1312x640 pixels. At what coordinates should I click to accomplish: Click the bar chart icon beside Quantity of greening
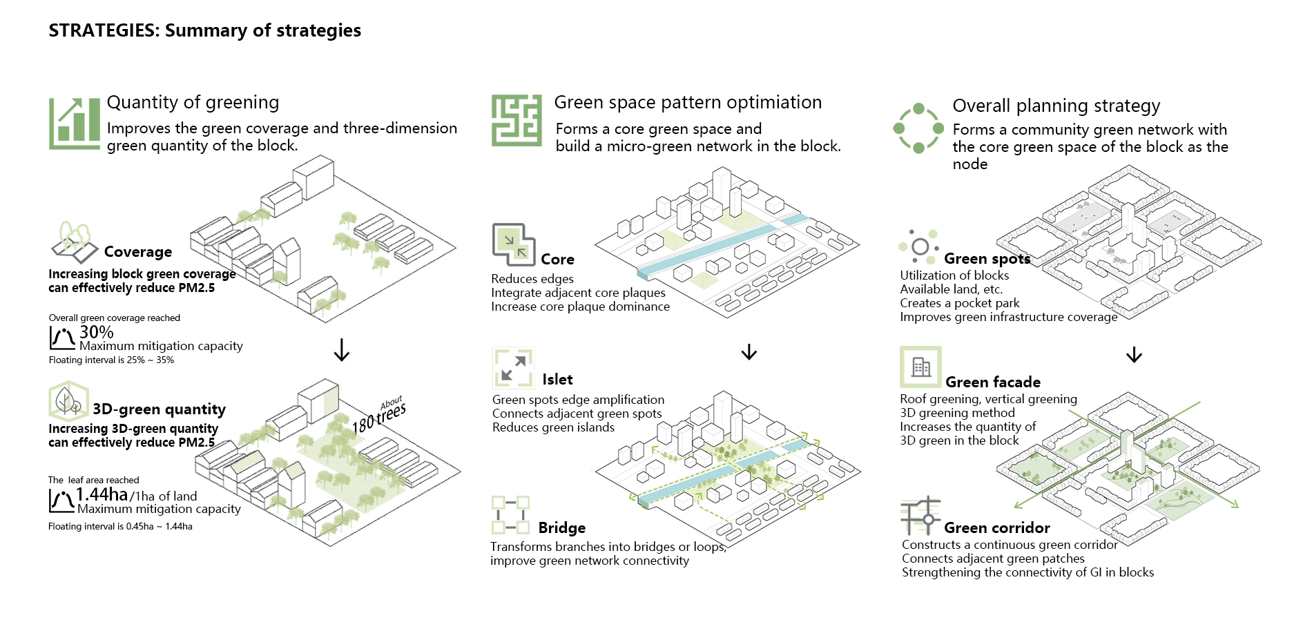point(75,124)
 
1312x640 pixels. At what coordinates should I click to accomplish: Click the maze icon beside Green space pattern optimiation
point(516,121)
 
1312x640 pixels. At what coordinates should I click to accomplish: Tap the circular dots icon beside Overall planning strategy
point(918,128)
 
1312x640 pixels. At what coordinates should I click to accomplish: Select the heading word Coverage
point(138,252)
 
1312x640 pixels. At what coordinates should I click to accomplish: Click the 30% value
point(97,332)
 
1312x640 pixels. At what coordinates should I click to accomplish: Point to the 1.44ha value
point(102,494)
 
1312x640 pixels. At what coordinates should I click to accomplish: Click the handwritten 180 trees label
point(379,416)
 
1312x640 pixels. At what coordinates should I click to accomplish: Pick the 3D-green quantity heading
point(159,409)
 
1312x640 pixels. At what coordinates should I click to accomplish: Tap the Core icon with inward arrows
point(513,244)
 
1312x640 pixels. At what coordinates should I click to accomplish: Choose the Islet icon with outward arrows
point(512,367)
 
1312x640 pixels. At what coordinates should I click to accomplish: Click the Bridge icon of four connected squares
point(510,515)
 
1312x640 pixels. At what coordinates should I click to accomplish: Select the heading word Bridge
point(562,528)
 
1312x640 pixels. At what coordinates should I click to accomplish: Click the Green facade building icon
point(920,367)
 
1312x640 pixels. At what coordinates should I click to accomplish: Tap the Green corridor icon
point(920,515)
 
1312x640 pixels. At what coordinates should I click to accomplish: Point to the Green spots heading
point(987,259)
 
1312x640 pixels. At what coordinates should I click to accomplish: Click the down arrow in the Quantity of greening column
point(341,350)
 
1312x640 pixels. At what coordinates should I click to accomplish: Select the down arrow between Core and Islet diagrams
point(749,352)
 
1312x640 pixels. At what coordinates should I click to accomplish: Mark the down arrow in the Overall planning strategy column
point(1134,354)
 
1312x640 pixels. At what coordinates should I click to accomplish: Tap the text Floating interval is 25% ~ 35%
point(111,360)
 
